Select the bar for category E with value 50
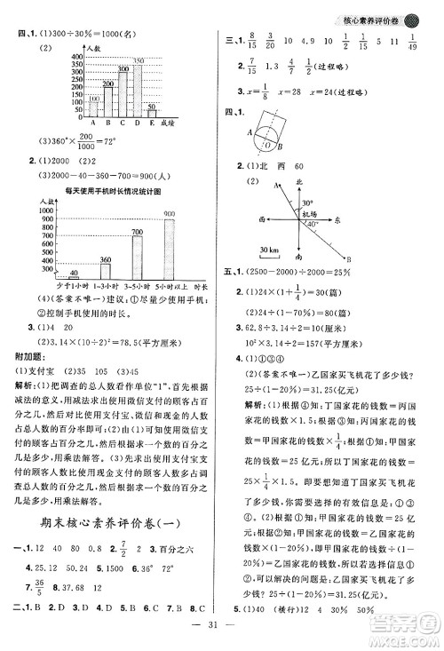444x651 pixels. [152, 109]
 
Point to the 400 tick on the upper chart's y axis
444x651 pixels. [78, 54]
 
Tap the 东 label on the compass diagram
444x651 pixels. [349, 220]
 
